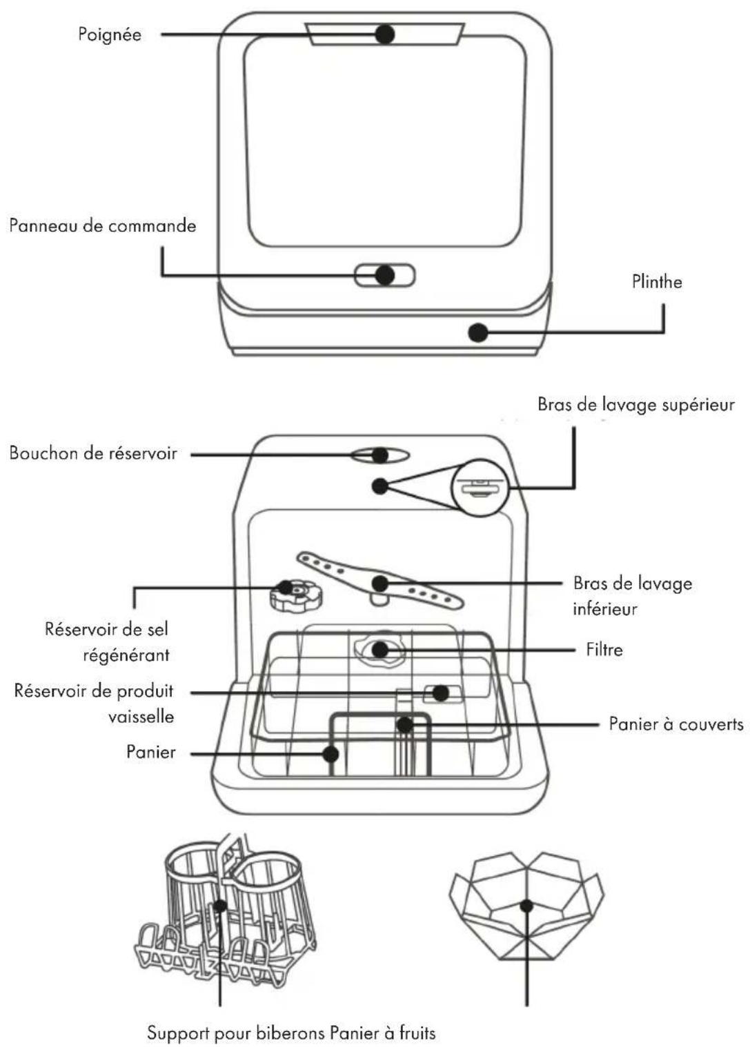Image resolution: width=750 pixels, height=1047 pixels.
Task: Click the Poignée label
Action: [x=110, y=35]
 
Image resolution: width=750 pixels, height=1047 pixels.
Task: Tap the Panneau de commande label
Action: [x=102, y=226]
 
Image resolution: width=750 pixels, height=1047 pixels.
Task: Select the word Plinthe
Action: [x=656, y=282]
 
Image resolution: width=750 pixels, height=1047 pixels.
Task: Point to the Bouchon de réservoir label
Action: [x=93, y=453]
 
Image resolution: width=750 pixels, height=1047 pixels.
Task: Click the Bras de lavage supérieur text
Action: [x=636, y=405]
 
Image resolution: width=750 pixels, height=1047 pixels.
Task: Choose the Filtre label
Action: [x=604, y=650]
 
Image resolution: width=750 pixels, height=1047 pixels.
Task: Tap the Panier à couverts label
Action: [x=675, y=724]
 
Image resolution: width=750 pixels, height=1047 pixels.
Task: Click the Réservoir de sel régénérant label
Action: [x=107, y=642]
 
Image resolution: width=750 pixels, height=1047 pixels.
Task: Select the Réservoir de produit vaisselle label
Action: [x=94, y=704]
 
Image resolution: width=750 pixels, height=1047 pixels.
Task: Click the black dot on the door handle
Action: [x=385, y=34]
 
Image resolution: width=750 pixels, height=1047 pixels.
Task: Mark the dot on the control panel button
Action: [x=385, y=275]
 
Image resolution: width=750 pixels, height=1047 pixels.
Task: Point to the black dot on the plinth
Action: [x=478, y=333]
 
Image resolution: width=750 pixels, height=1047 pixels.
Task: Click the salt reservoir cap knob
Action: [x=297, y=594]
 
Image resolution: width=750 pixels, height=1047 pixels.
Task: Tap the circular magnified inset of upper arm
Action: [x=480, y=488]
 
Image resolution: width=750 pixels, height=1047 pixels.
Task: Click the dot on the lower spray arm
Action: [x=380, y=583]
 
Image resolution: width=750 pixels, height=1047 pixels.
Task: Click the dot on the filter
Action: [x=380, y=649]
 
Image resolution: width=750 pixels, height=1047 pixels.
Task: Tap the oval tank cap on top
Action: [x=380, y=455]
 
